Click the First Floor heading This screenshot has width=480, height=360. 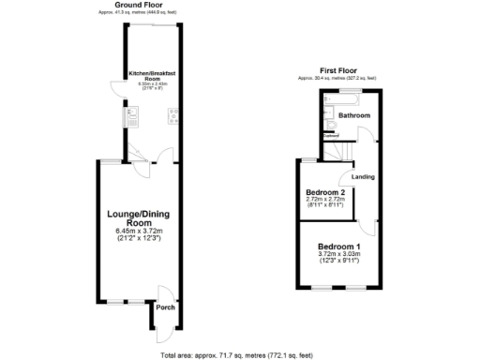point(337,71)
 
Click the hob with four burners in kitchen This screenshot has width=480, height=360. point(173,117)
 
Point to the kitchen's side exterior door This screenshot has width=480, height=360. point(113,90)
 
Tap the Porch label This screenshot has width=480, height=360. point(165,307)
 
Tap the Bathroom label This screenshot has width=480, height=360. point(354,115)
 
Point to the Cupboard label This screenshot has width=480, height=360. point(330,135)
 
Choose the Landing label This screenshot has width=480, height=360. point(364,176)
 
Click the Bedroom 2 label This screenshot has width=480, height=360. point(325,192)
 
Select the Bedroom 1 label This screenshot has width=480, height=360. point(338,246)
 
